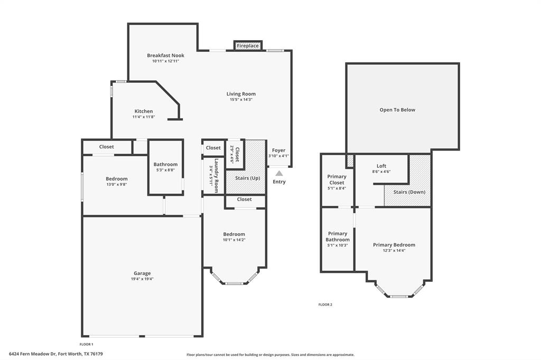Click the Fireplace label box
coord(248,46)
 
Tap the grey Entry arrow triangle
coord(279,173)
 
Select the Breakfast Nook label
coord(165,55)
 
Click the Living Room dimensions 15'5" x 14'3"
coord(241,100)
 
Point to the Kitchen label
coord(144,111)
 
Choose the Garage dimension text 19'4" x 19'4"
coord(143,279)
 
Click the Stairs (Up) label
coord(247,178)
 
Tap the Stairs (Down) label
coord(409,192)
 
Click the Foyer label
coord(278,150)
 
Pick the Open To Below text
coord(397,110)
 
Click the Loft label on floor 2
coord(381,166)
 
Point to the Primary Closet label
coord(337,179)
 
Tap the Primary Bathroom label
coord(338,236)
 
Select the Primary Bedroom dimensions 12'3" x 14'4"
coord(394,251)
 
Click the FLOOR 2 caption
coord(325,305)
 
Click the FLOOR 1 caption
coord(86,344)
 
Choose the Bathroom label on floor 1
coord(165,164)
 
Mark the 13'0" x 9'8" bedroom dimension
coord(116,185)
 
